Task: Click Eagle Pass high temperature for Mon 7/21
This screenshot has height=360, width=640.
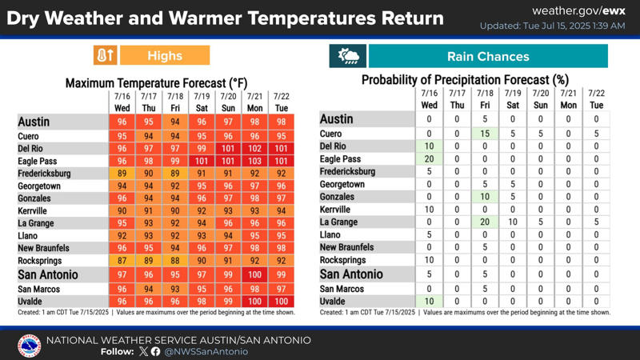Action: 254,161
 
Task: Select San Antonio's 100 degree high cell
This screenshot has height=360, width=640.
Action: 254,274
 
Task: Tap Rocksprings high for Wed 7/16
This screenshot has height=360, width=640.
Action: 122,261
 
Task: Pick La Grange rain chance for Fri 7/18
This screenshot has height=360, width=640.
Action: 485,222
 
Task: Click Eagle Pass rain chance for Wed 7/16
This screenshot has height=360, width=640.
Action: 429,158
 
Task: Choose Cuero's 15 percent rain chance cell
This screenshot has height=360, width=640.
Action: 485,134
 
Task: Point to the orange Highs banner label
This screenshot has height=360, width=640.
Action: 165,55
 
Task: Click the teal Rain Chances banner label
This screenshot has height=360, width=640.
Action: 488,56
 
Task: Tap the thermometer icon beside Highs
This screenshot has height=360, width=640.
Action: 106,55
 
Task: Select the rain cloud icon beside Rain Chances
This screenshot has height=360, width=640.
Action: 348,56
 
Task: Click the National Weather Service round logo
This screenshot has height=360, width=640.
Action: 30,346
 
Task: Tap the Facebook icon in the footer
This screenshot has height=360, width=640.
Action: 155,351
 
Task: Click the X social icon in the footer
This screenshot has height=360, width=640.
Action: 143,351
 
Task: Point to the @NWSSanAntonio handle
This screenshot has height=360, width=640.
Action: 206,351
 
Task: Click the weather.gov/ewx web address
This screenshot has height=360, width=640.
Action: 578,11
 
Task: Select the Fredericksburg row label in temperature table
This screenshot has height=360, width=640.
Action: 44,174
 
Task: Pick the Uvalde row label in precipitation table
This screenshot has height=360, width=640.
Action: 332,302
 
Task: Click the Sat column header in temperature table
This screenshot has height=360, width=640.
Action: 202,108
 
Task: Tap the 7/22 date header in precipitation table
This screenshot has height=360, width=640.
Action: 596,93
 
